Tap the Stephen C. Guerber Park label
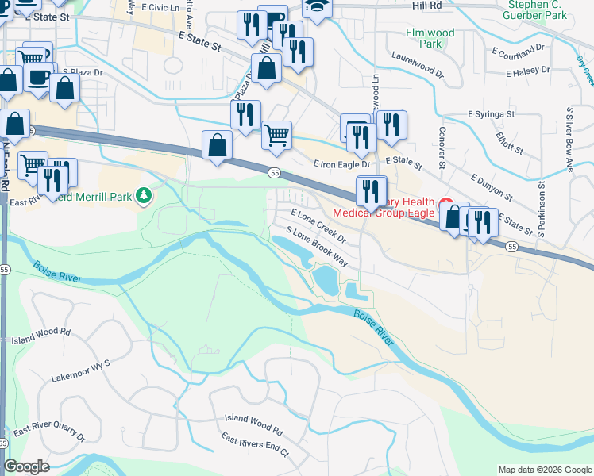pyautogui.click(x=538, y=10)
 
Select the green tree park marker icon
pyautogui.click(x=144, y=195)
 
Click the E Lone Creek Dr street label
pyautogui.click(x=319, y=226)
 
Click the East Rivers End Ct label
pyautogui.click(x=255, y=449)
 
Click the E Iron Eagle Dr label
pyautogui.click(x=341, y=164)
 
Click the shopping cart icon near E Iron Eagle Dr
pyautogui.click(x=276, y=134)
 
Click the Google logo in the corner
pyautogui.click(x=26, y=466)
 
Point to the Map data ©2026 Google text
pyautogui.click(x=544, y=470)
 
